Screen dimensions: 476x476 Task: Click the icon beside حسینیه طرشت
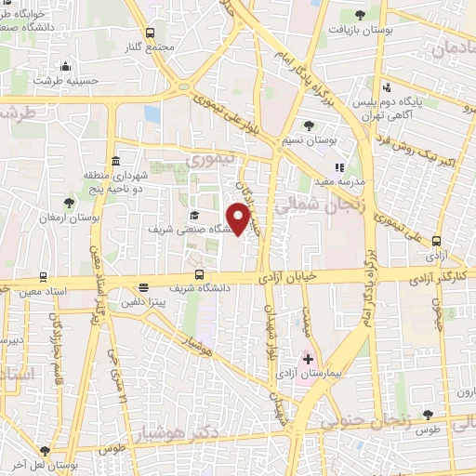point(64,66)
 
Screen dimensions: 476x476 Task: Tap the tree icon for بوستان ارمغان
point(70,202)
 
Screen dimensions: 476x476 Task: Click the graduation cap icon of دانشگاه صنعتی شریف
point(193,215)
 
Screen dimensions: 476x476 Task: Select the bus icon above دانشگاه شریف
point(199,273)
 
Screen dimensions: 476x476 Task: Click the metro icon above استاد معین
point(43,276)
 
